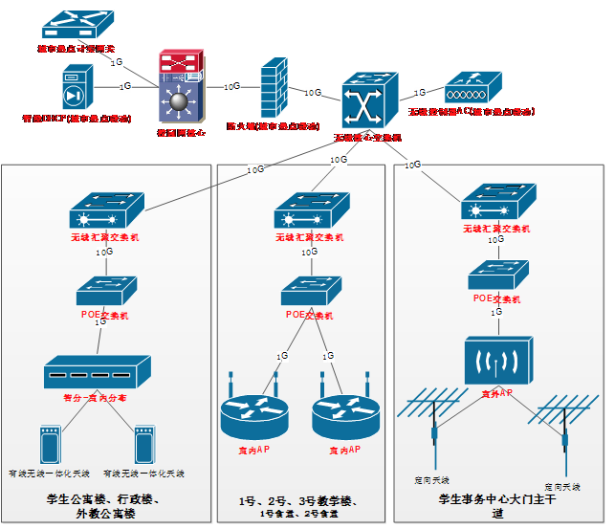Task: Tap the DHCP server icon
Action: [x=78, y=88]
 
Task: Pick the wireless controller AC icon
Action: [x=469, y=91]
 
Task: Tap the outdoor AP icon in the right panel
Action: [x=497, y=361]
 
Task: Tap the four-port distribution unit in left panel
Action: [x=98, y=371]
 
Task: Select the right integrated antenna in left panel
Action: [x=144, y=446]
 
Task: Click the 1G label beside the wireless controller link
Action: [x=419, y=93]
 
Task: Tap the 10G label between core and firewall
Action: [x=231, y=86]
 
